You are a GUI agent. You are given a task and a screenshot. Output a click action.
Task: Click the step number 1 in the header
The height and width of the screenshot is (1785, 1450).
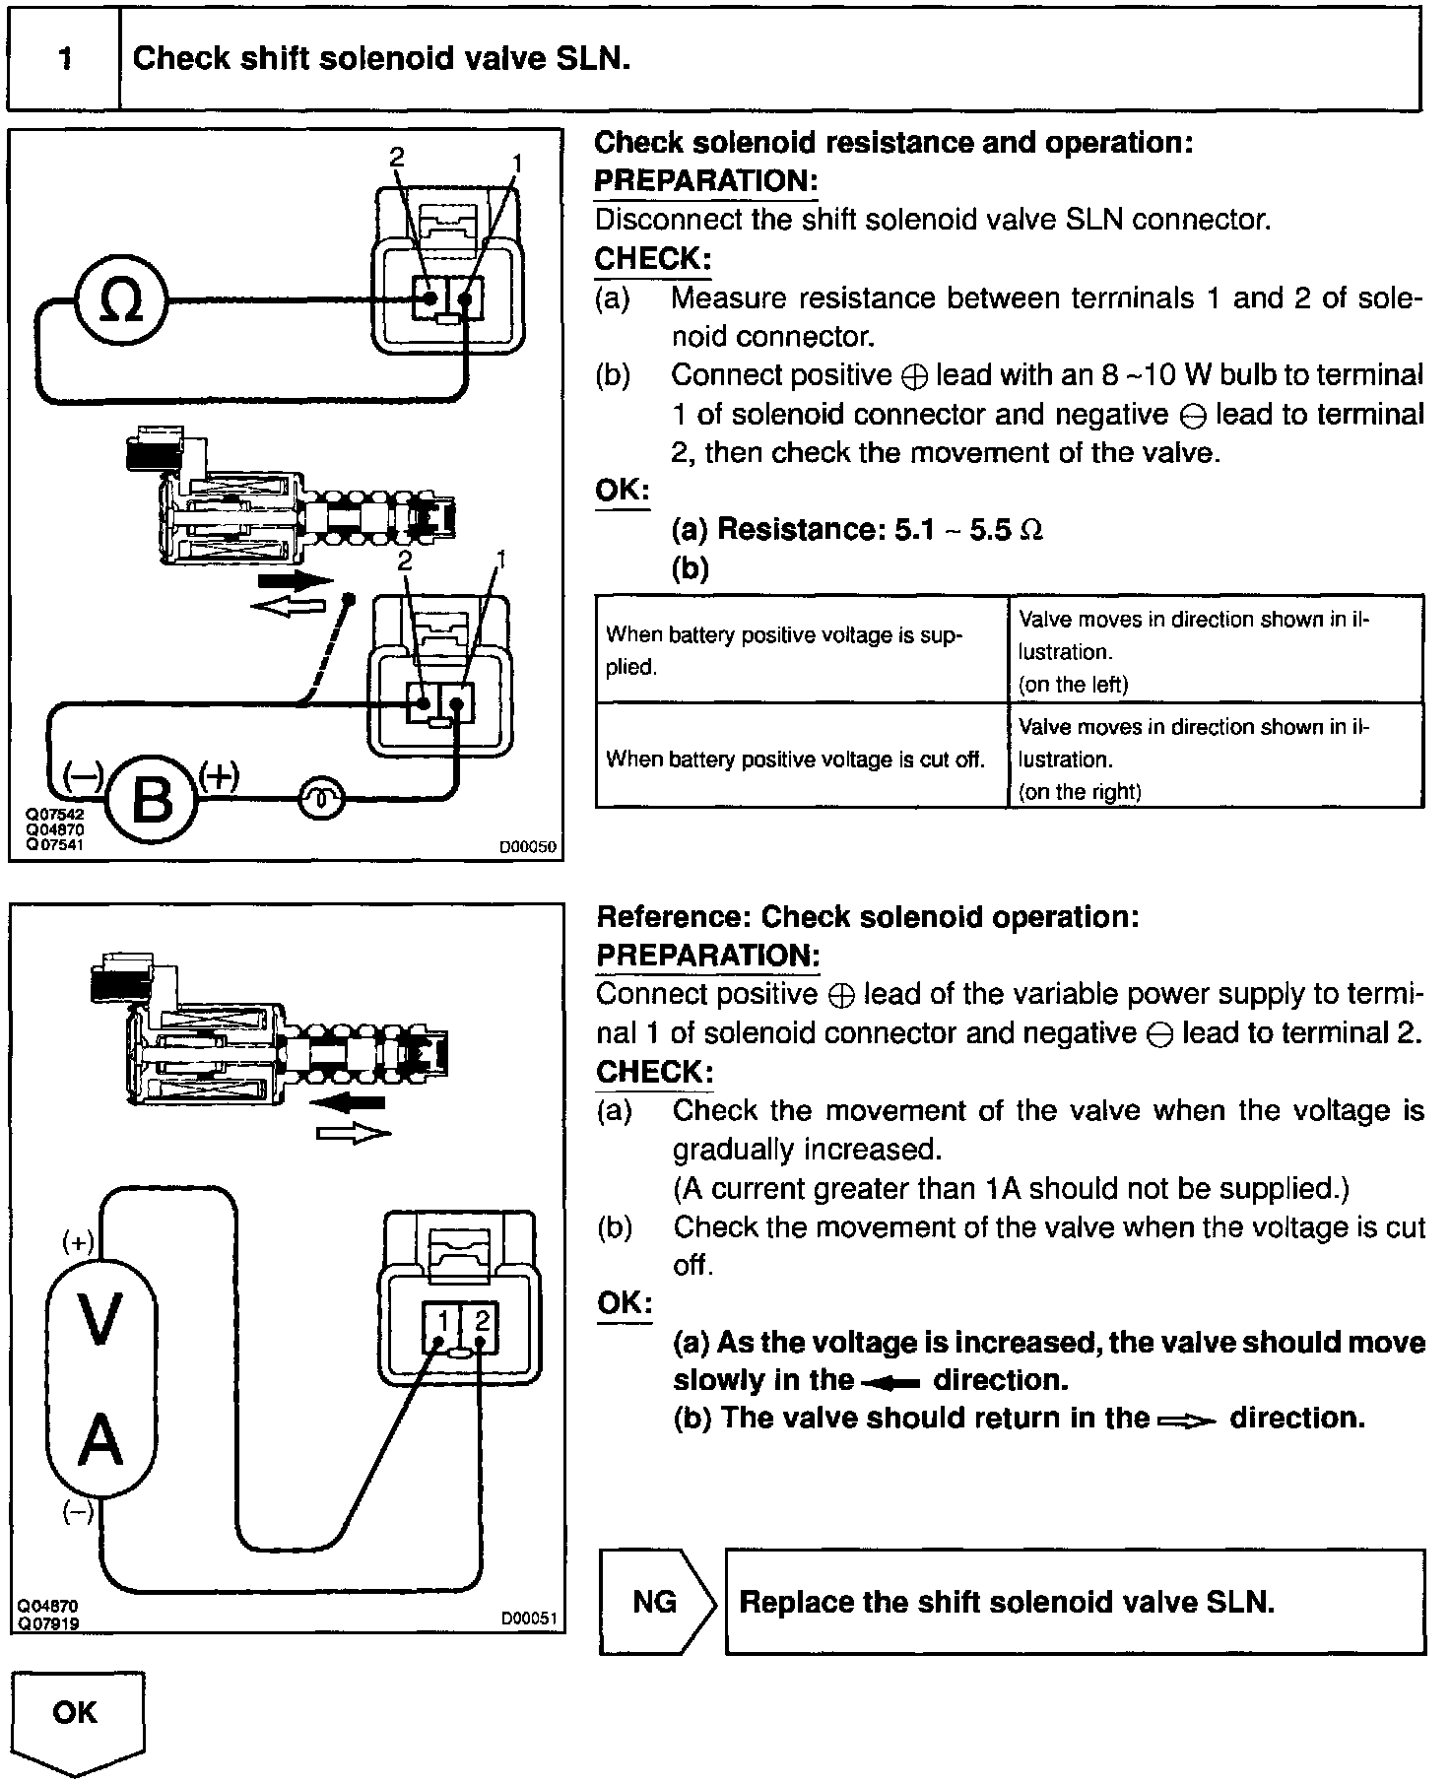point(65,59)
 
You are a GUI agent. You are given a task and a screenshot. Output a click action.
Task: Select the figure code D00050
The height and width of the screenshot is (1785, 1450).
point(527,845)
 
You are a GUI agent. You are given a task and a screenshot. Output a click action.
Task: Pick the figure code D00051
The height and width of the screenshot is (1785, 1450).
point(528,1618)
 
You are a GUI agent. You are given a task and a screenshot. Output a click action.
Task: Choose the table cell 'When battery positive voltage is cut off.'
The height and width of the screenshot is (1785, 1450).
point(795,759)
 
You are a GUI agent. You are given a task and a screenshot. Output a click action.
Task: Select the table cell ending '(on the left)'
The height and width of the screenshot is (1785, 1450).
point(1214,651)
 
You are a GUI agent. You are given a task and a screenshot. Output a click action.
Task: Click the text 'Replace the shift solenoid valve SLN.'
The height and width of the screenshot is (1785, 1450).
point(1007,1601)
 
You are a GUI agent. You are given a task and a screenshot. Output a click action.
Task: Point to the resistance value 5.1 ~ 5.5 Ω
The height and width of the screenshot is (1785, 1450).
point(967,530)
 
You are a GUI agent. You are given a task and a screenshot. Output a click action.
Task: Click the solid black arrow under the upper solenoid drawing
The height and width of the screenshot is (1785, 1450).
point(294,581)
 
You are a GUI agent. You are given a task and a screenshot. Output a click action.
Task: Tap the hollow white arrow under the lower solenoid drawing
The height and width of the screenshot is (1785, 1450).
point(354,1135)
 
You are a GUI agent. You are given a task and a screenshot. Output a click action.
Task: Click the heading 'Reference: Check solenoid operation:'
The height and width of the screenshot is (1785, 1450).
point(868,917)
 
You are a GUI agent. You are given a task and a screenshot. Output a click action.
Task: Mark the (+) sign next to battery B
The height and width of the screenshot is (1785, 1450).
point(219,777)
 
